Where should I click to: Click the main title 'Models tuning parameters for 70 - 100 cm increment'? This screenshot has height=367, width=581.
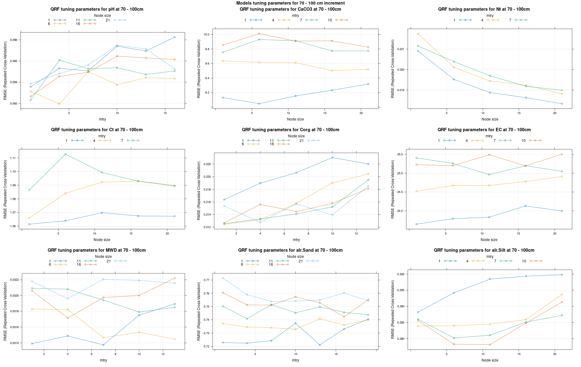coord(290,3)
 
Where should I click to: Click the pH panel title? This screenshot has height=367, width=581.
coord(97,9)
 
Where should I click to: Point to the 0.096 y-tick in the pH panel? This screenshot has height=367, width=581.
coord(14,40)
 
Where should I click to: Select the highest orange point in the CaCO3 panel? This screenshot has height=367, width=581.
coord(259,34)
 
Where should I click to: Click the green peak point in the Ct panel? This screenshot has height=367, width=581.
coord(65,154)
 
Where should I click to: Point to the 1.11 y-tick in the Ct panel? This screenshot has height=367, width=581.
coord(13,158)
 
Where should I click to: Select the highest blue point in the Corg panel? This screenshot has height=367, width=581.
coord(332,158)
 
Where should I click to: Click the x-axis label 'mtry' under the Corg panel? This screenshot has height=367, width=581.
coord(296,240)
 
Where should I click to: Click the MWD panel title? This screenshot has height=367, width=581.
coord(97,250)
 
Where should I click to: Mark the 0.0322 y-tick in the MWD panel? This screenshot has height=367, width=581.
coord(14,280)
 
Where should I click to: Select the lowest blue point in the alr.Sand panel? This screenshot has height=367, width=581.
coord(320,345)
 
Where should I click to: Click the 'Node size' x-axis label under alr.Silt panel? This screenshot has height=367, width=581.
coord(490,360)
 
